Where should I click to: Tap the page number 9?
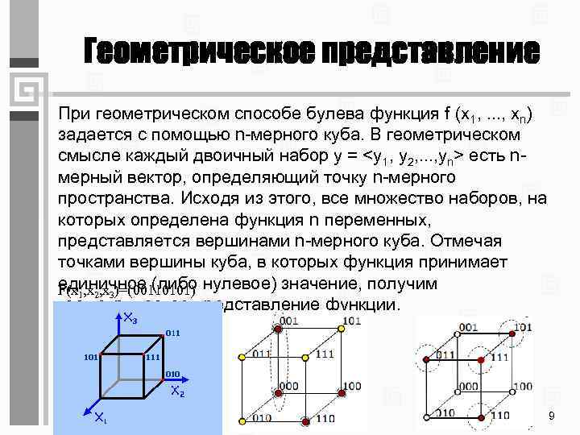pyautogui.click(x=551, y=415)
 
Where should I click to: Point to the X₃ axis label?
pyautogui.click(x=129, y=320)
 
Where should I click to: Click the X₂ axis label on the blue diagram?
pyautogui.click(x=179, y=392)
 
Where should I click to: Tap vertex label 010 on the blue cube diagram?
pyautogui.click(x=173, y=375)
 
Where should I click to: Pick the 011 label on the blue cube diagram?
pyautogui.click(x=172, y=332)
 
